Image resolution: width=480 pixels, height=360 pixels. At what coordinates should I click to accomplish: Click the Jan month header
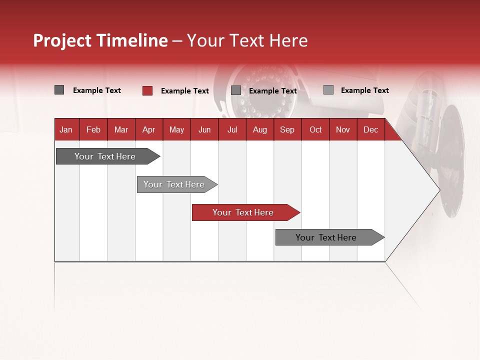66,129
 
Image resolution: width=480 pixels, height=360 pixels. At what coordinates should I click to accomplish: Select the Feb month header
93,129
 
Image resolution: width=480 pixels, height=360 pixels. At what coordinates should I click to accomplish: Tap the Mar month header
121,129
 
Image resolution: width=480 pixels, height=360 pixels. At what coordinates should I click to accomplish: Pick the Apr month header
149,129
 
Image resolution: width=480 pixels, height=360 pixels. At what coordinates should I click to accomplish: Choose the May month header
176,129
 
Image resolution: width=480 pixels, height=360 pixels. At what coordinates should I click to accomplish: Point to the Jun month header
204,129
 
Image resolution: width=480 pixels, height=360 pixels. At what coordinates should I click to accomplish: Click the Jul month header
232,129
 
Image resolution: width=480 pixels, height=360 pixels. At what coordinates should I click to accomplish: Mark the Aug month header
260,129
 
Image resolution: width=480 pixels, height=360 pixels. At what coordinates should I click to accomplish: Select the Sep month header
287,129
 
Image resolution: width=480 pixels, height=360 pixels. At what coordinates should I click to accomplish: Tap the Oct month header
315,129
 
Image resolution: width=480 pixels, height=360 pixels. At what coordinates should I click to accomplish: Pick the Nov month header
343,129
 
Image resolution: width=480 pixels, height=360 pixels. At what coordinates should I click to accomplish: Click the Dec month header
371,129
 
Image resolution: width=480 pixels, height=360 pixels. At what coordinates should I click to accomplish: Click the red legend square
147,90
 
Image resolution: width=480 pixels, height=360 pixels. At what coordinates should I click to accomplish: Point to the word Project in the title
62,40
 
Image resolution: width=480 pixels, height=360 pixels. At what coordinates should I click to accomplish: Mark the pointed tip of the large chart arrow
439,189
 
